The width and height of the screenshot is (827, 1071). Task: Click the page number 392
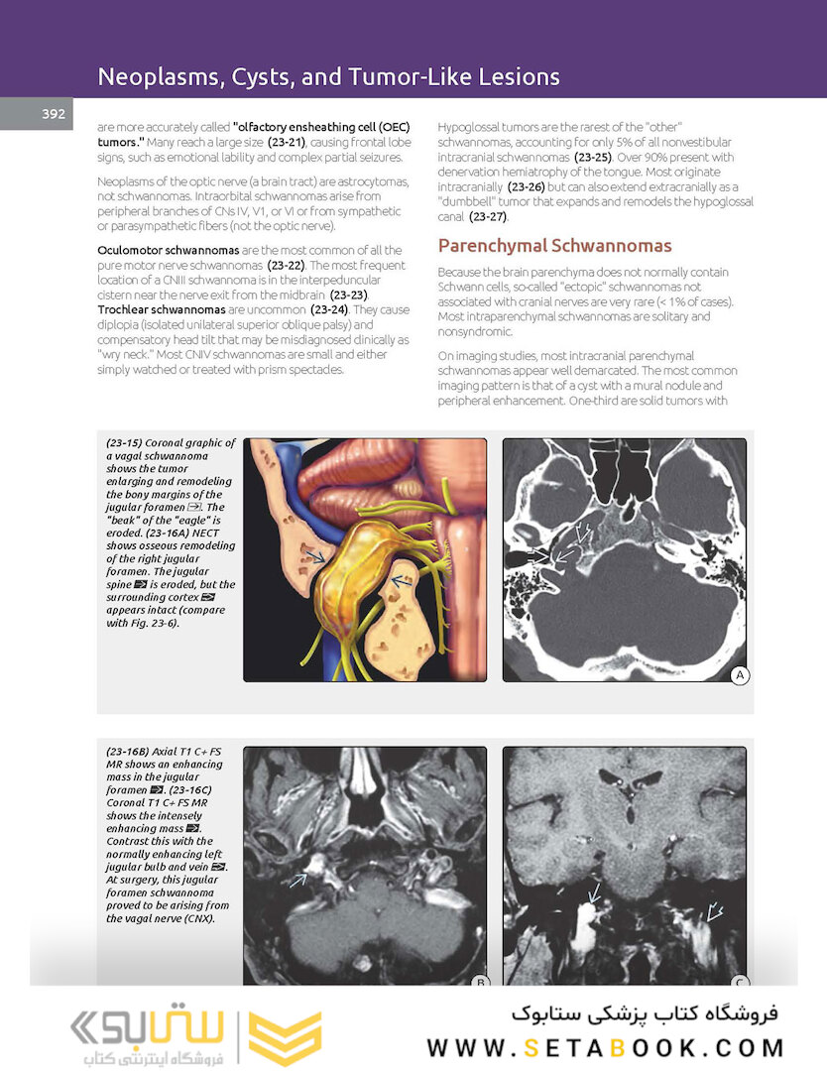(54, 114)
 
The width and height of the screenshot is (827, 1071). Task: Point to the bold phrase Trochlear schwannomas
(160, 310)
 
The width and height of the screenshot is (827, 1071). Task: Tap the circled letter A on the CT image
(738, 675)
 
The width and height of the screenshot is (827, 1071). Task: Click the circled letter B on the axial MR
(478, 982)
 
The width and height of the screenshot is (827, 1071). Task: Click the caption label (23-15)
(127, 443)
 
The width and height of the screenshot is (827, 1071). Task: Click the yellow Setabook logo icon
(286, 1037)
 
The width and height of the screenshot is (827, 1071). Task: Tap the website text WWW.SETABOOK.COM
(605, 1048)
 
